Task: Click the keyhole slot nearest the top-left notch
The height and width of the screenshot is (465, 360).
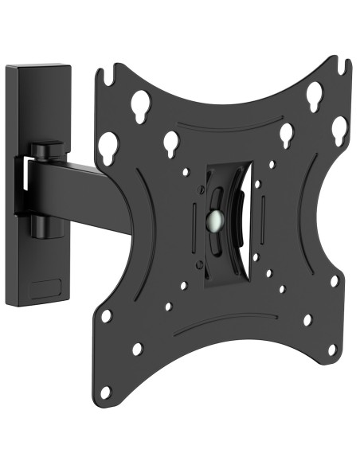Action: (x=142, y=104)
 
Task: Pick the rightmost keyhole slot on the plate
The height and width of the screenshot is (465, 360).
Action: (x=339, y=127)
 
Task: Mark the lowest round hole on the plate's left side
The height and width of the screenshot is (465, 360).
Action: (x=105, y=390)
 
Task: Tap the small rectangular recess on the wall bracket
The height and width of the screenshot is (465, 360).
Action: (x=48, y=285)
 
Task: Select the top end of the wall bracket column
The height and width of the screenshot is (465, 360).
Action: (x=37, y=70)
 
